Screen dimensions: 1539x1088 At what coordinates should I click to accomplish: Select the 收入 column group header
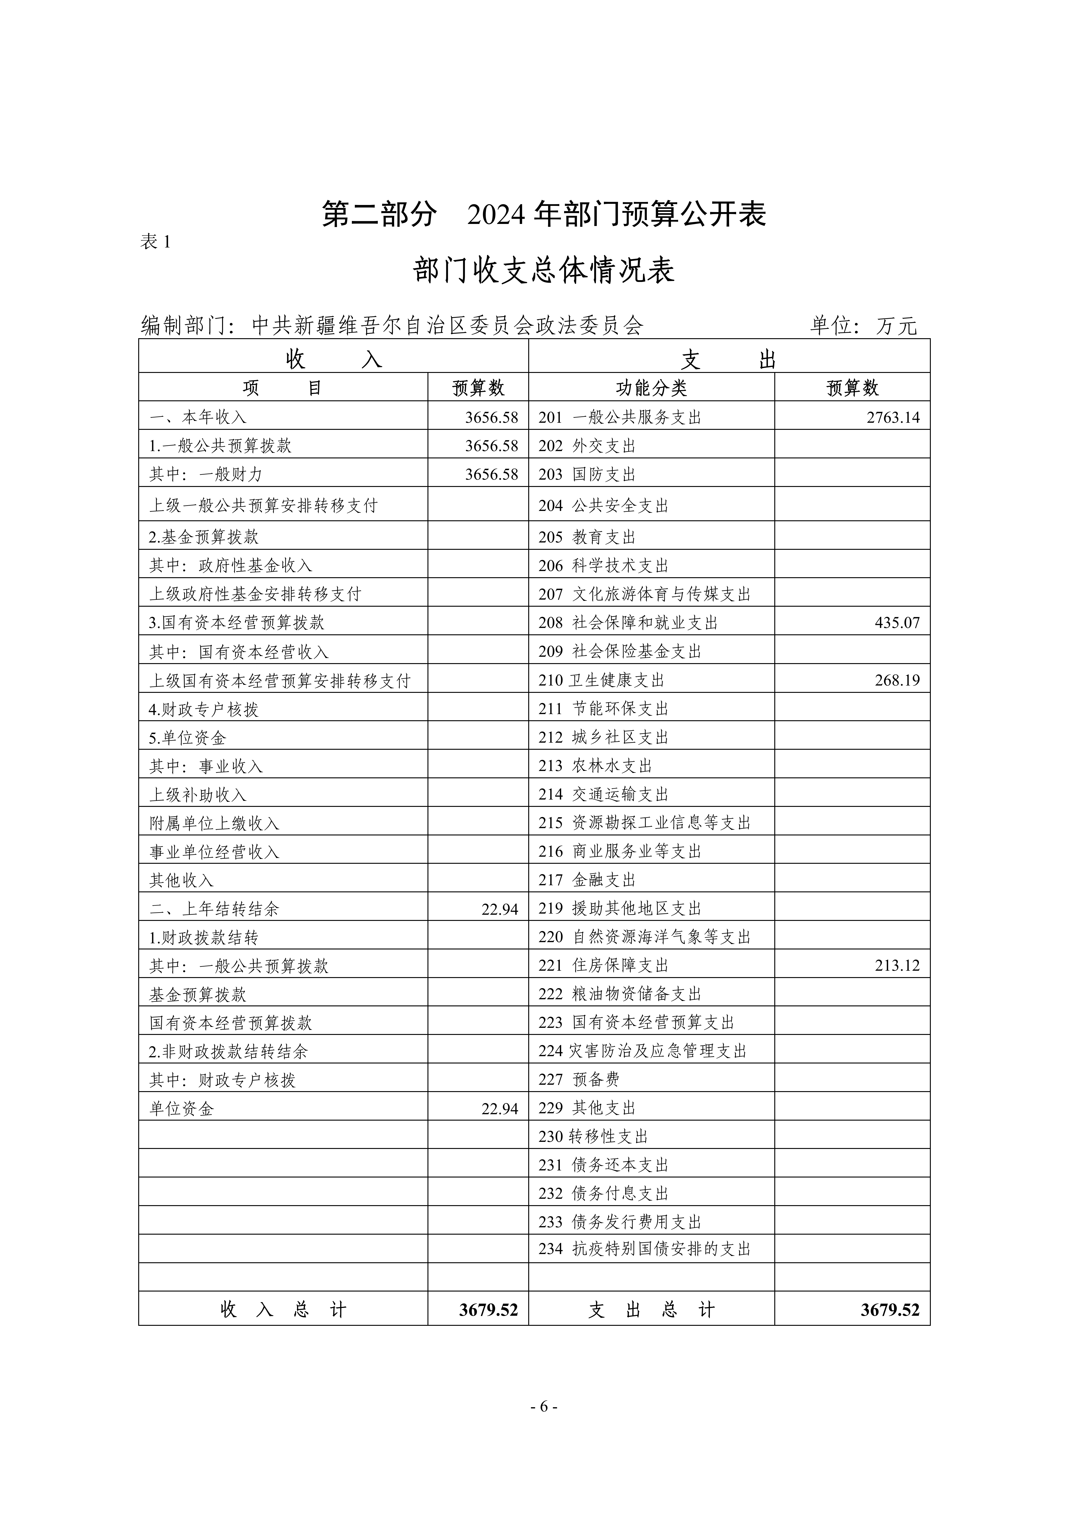pos(333,359)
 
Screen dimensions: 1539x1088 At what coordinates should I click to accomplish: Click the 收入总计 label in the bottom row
pos(283,1310)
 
